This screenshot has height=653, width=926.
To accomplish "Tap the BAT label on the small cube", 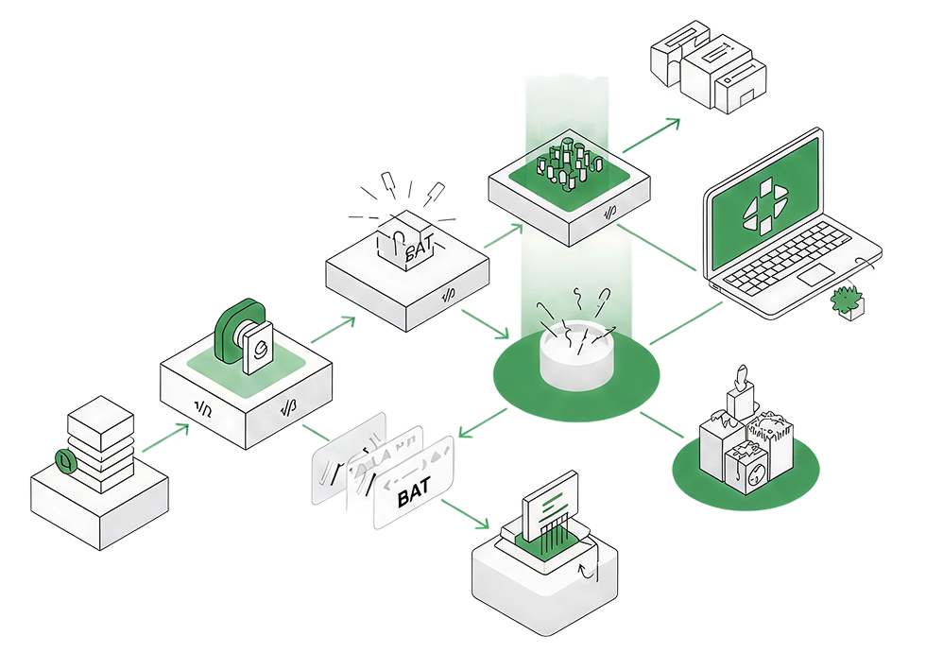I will tap(417, 251).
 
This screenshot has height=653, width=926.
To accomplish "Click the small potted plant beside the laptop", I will tap(848, 301).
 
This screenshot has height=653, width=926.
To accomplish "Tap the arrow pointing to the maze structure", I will tap(652, 135).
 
